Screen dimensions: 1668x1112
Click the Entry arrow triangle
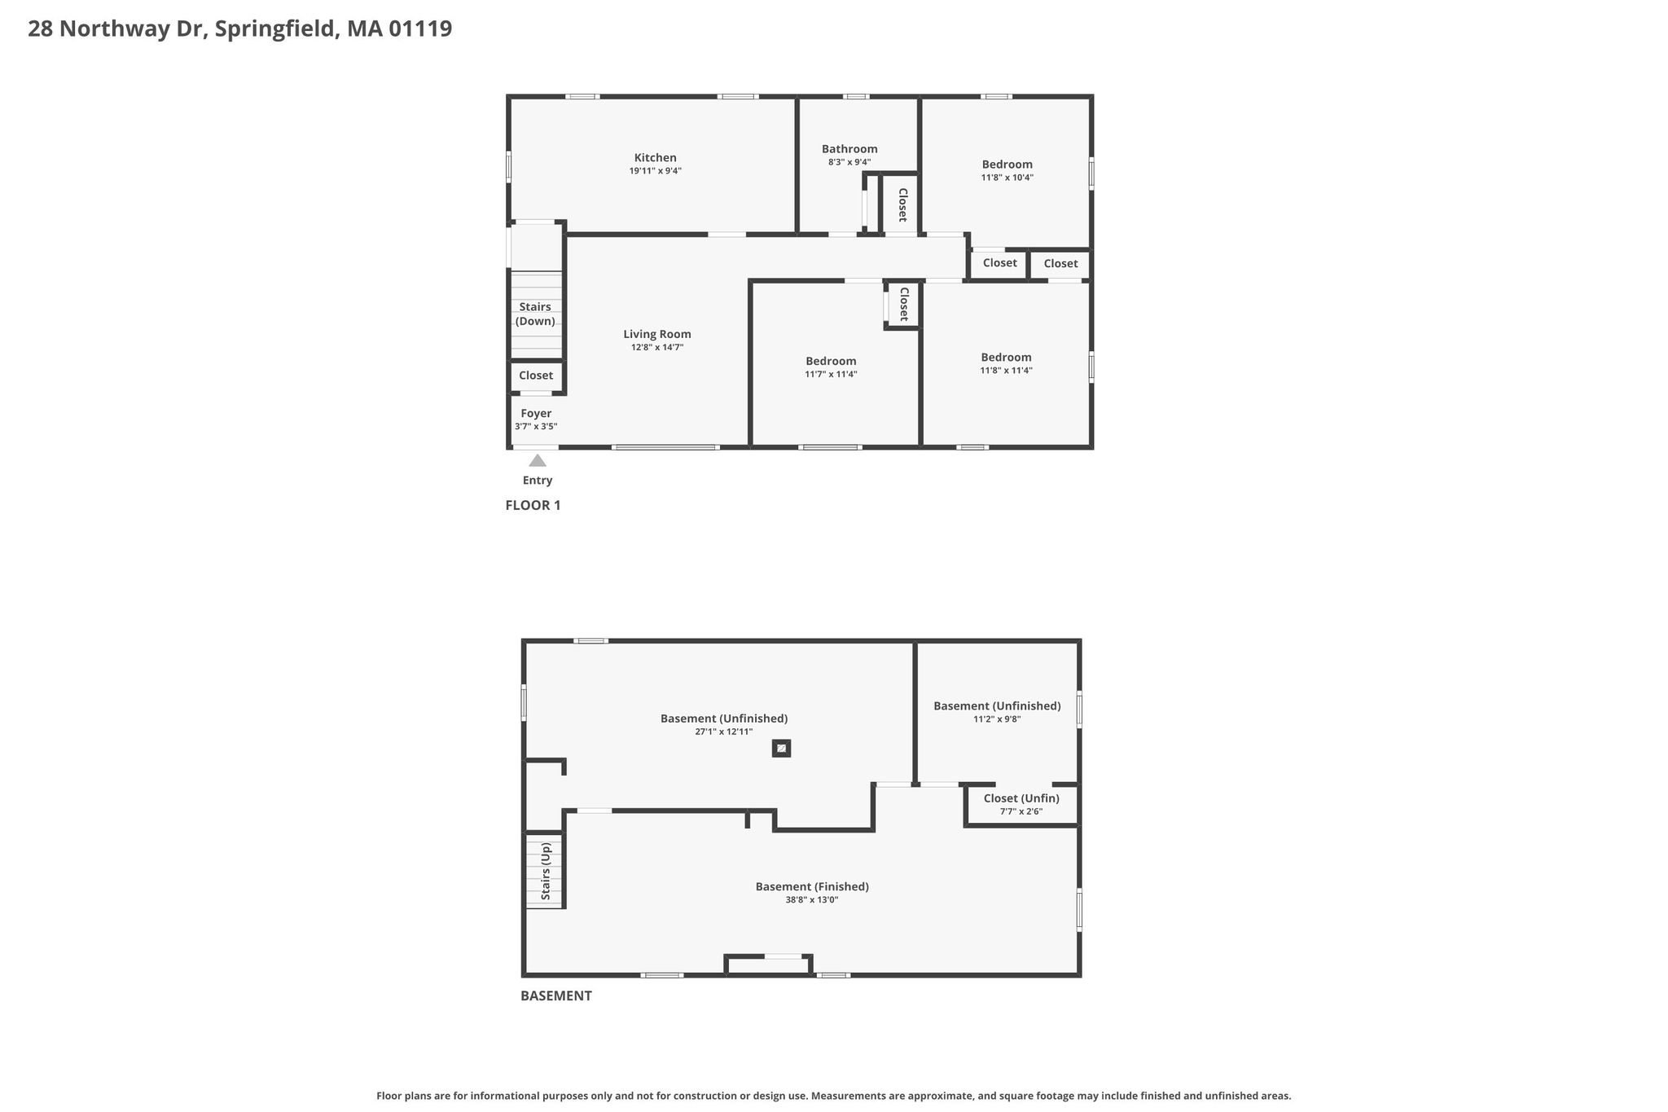tap(538, 460)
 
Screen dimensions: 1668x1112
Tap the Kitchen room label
tap(656, 158)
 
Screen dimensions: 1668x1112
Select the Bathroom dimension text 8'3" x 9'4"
tap(849, 162)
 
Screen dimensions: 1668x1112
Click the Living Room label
tap(657, 334)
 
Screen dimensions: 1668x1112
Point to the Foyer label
tap(536, 414)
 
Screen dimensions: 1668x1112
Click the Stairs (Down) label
tap(536, 314)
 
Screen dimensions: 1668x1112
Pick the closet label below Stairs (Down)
tap(536, 376)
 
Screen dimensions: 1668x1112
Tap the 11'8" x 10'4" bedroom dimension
tap(1007, 178)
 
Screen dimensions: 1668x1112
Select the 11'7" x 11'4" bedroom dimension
tap(831, 375)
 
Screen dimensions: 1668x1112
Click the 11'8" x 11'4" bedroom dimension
tap(1007, 371)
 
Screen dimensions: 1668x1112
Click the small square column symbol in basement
tap(781, 748)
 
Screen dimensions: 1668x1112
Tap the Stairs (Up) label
tap(546, 872)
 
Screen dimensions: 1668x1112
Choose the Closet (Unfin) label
tap(1021, 798)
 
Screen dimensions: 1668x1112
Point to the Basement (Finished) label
tap(812, 887)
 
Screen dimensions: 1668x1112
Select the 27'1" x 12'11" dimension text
tap(724, 732)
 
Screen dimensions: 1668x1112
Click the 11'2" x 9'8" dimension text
tap(997, 719)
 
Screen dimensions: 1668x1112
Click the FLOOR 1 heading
tap(533, 505)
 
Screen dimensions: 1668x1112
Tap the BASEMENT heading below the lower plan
tap(556, 996)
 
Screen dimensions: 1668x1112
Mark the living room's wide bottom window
tap(665, 447)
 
